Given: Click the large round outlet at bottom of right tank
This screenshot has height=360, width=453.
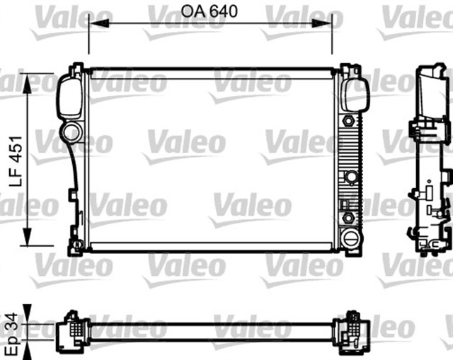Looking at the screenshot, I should pos(349,236).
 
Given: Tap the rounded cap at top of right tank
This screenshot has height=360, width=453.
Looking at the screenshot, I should pos(354,95).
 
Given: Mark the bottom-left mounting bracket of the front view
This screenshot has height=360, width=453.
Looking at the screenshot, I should pos(75,247).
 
